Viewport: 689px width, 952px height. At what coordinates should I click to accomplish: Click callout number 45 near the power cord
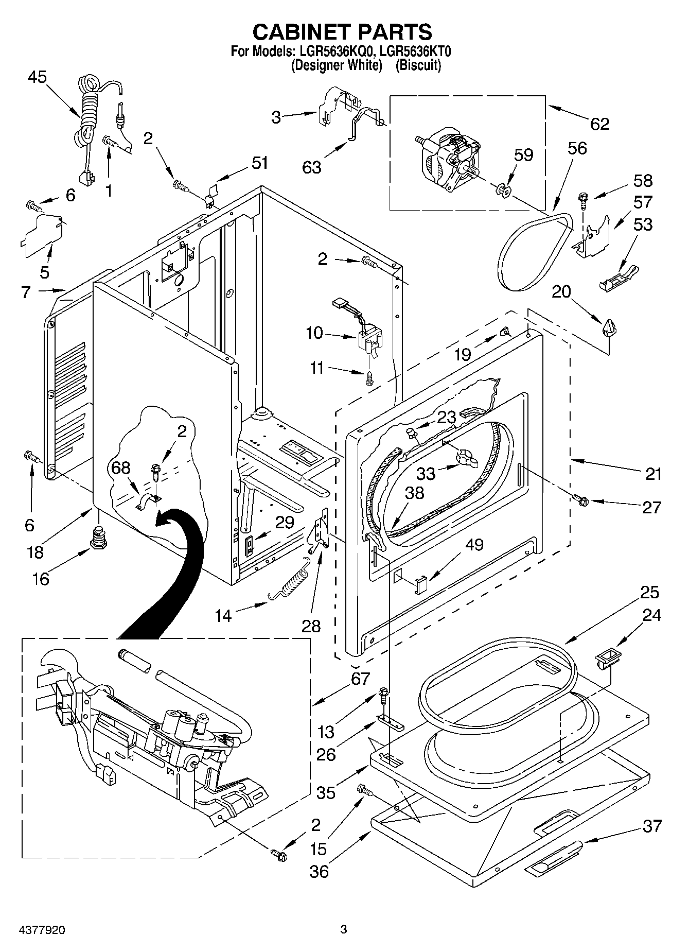(x=37, y=77)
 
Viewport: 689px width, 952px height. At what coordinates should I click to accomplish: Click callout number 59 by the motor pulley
(x=524, y=155)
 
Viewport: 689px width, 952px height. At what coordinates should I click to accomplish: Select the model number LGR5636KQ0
(x=329, y=51)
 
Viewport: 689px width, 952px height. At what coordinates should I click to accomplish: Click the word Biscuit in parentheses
(x=418, y=65)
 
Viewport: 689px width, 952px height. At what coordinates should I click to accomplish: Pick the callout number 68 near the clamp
(x=121, y=468)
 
